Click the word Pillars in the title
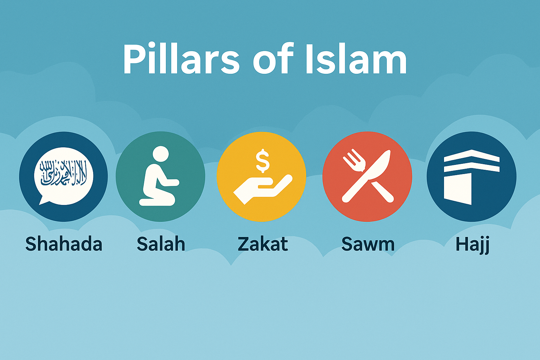tap(181, 59)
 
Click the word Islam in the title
tap(356, 59)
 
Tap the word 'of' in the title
tap(273, 59)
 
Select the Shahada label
tap(64, 244)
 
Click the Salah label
tap(161, 244)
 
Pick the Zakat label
tap(263, 244)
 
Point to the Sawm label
tap(368, 244)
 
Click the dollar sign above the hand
tap(263, 161)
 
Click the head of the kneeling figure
tap(160, 154)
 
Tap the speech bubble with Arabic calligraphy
tap(64, 174)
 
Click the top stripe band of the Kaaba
tap(471, 156)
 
